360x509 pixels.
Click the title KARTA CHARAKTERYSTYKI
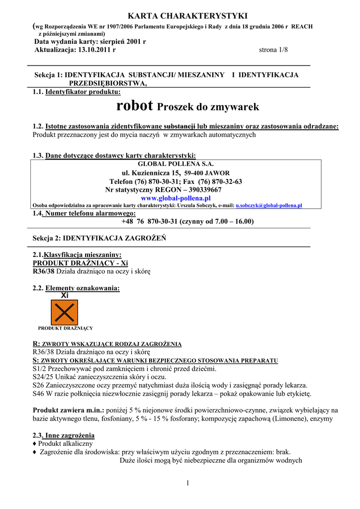[180, 16]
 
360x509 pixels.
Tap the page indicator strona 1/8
[273, 50]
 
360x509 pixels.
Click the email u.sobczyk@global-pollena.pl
[269, 205]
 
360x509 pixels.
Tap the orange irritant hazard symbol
[65, 313]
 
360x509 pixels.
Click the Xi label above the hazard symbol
[65, 295]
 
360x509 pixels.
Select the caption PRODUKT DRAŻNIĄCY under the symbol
[66, 328]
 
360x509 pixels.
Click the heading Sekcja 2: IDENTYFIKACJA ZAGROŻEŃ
[99, 238]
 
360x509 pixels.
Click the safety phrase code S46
[38, 394]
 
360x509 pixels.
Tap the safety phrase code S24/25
[42, 377]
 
